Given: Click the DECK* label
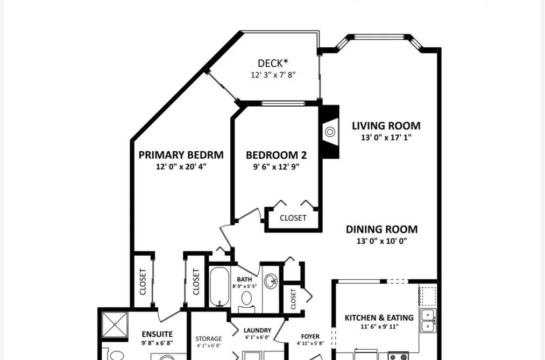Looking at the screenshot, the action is click(x=273, y=63).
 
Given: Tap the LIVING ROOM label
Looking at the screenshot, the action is click(x=386, y=126).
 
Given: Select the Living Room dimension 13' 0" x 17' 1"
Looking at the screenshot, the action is click(x=386, y=137).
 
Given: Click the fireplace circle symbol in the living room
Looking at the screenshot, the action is click(x=330, y=132).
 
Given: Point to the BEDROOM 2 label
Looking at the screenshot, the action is click(x=277, y=155).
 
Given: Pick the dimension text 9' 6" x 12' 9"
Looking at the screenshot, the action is click(x=277, y=167).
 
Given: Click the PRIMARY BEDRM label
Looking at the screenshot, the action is click(x=181, y=155).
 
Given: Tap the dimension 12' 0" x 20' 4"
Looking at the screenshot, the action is click(x=181, y=167).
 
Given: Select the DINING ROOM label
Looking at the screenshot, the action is click(x=381, y=229).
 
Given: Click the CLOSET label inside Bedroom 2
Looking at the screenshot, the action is click(x=293, y=218).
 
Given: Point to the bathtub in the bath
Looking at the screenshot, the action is click(x=220, y=286).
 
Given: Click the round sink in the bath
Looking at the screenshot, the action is click(x=271, y=281).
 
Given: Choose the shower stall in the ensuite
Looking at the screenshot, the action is click(x=115, y=324).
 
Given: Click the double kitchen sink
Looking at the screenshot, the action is click(x=428, y=320).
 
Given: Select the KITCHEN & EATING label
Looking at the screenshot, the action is click(x=379, y=317).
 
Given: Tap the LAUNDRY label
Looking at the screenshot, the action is click(x=258, y=330).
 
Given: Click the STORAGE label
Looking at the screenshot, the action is click(x=209, y=338).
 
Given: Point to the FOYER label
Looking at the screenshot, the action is click(x=310, y=336).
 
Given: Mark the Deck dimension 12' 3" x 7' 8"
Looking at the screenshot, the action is click(x=273, y=75).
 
